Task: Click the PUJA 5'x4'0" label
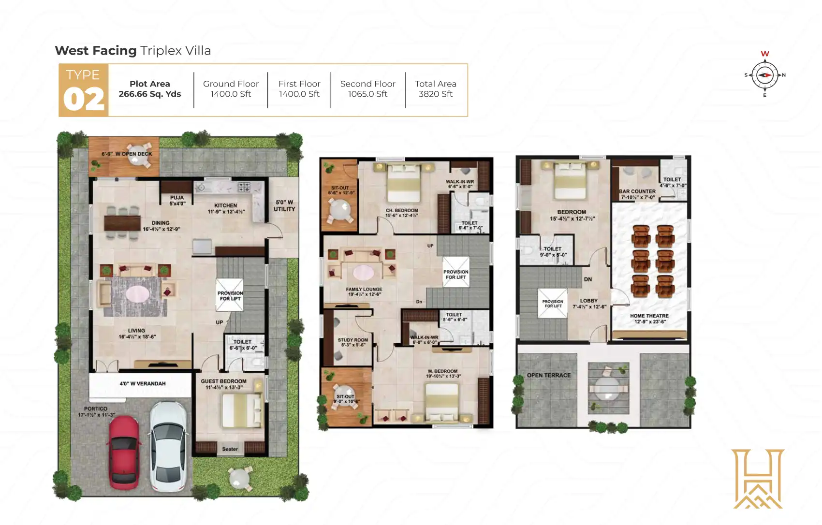[177, 201]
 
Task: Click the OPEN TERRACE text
[549, 375]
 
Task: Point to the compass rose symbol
[764, 75]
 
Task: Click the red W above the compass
[765, 54]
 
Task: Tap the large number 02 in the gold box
[84, 99]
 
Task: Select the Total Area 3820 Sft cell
[435, 89]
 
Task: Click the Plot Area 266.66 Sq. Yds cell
[150, 89]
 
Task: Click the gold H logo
[758, 479]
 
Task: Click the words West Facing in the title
[96, 51]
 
